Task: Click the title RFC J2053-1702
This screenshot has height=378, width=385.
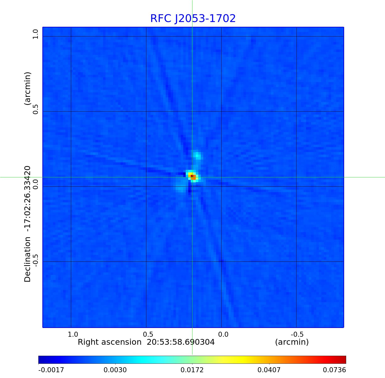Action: [193, 19]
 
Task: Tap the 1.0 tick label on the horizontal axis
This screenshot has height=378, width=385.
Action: [73, 334]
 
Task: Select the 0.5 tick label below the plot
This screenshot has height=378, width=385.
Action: [148, 334]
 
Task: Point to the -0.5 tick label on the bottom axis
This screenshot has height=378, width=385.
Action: [297, 334]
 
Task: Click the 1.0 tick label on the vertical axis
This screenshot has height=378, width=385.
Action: [35, 34]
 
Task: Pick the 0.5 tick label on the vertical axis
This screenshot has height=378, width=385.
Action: [35, 109]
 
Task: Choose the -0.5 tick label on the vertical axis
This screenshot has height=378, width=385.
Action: [35, 260]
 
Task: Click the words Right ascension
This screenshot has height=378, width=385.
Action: [110, 342]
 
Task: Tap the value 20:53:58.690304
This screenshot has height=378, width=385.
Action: [181, 342]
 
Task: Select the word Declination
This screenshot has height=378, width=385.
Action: [27, 259]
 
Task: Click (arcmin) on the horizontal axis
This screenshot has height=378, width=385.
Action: [292, 342]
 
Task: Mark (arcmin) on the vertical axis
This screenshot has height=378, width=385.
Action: [27, 88]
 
